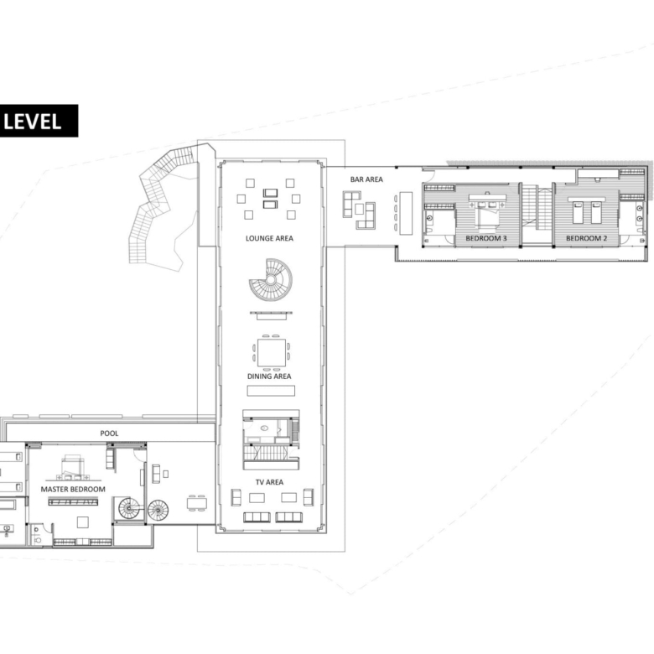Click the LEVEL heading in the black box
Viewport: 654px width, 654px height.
[x=32, y=122]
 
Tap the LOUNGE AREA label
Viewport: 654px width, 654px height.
[x=269, y=238]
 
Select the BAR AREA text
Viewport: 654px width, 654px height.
[x=366, y=179]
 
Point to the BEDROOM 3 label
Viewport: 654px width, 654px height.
[x=486, y=238]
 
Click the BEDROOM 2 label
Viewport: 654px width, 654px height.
[x=586, y=238]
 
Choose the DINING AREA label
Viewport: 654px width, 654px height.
[x=269, y=376]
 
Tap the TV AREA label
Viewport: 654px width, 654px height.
[x=269, y=482]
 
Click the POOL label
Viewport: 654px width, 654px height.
[x=109, y=433]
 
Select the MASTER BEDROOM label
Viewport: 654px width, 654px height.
[x=73, y=490]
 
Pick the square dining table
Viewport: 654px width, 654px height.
[x=272, y=352]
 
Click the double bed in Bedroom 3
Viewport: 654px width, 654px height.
[x=487, y=213]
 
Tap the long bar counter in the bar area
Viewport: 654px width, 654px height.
[x=406, y=213]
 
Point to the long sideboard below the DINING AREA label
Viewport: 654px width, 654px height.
[x=271, y=391]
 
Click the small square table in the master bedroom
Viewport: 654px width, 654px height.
[x=82, y=522]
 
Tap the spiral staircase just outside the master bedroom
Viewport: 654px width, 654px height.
[x=158, y=511]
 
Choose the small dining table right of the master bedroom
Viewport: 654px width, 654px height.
[x=197, y=504]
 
